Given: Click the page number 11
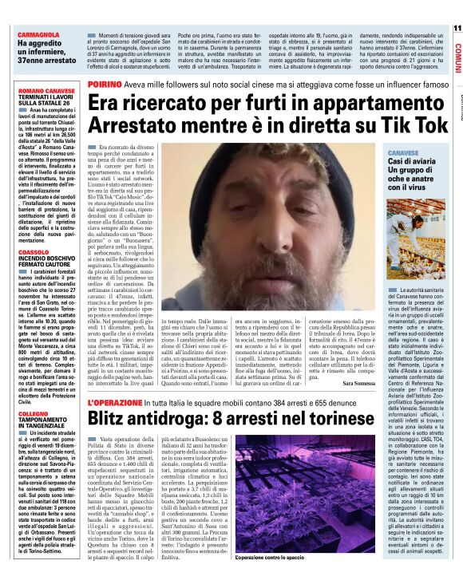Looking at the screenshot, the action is click(x=456, y=28).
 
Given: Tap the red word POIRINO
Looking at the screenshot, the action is click(x=105, y=84).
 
